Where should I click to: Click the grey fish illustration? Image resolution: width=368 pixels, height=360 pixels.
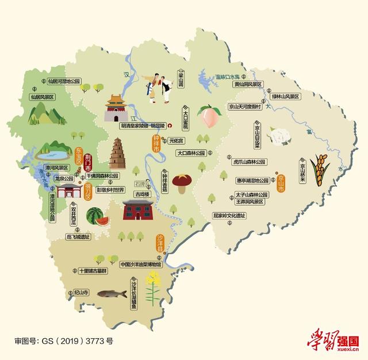[x=112, y=293]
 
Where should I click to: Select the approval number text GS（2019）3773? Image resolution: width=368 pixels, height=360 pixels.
[x=63, y=341]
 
